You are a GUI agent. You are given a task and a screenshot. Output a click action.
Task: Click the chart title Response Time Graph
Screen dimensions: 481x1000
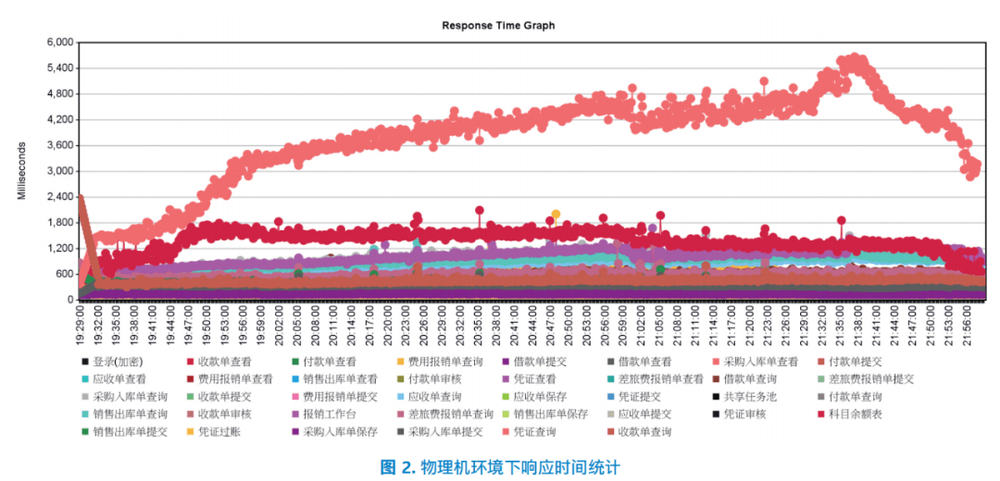(x=498, y=26)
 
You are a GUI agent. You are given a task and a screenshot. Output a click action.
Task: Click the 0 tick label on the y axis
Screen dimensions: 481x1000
(x=68, y=301)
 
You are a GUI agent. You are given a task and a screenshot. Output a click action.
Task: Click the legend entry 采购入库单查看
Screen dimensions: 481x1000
(x=760, y=362)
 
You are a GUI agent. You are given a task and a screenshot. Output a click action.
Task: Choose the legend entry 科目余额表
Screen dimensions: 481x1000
(x=856, y=414)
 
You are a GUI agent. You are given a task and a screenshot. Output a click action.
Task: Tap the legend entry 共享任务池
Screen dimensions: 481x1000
(x=749, y=397)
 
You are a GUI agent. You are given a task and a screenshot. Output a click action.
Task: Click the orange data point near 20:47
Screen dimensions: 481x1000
(x=556, y=215)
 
